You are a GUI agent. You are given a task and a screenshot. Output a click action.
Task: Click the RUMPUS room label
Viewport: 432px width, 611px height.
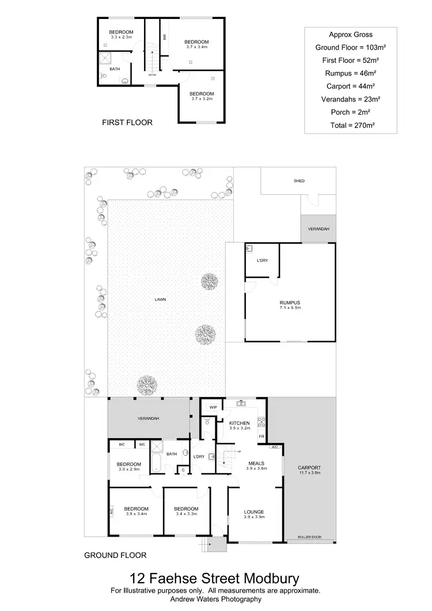(x=291, y=303)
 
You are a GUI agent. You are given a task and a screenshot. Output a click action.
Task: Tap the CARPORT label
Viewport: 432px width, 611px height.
(x=309, y=467)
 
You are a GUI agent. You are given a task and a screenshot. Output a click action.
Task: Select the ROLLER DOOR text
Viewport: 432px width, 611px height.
(x=309, y=537)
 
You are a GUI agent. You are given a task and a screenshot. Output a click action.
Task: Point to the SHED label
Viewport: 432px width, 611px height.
(x=298, y=181)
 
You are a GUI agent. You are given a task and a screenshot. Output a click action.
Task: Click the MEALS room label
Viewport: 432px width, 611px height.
(x=256, y=463)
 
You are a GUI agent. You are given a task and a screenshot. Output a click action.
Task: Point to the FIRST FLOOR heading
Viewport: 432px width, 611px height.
(x=127, y=122)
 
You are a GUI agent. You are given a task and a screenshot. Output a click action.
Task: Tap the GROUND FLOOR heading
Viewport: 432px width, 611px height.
(x=115, y=556)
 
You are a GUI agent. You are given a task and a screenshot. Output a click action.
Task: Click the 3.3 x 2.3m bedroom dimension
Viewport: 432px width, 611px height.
(x=122, y=37)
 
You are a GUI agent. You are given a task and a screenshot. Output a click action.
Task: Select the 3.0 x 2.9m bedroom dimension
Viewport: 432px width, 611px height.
(x=129, y=470)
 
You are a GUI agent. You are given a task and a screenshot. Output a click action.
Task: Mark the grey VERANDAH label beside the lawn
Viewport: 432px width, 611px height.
(x=148, y=418)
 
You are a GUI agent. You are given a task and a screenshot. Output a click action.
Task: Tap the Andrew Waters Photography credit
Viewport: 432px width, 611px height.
(x=215, y=599)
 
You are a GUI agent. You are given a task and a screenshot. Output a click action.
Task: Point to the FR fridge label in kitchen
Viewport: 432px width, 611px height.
(x=261, y=437)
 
